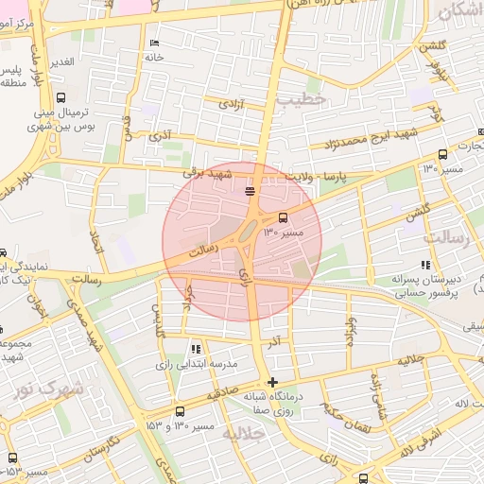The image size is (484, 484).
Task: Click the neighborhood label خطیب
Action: click(302, 98)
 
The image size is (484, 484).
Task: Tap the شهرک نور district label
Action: click(48, 388)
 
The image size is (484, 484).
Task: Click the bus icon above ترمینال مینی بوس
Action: click(61, 97)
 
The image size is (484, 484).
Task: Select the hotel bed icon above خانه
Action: click(154, 43)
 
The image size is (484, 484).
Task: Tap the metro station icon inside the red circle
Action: click(250, 192)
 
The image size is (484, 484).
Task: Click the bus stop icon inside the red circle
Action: click(284, 216)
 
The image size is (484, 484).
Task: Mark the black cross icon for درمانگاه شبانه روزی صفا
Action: click(273, 383)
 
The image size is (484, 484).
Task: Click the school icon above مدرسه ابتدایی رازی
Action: click(196, 349)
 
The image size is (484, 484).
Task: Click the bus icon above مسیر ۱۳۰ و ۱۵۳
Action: click(181, 411)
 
